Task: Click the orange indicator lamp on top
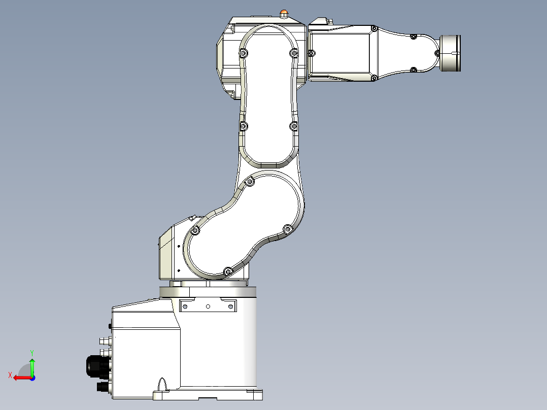click(284, 12)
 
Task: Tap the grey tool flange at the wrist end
click(451, 53)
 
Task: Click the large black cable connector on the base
click(95, 366)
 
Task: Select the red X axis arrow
click(20, 377)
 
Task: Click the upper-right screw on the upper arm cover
click(294, 53)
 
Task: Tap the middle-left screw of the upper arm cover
click(244, 125)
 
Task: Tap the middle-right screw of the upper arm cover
click(293, 125)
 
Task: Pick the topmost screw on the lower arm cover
click(250, 182)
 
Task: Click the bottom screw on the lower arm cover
click(227, 271)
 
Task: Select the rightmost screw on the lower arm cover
click(286, 229)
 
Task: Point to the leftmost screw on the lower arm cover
click(194, 231)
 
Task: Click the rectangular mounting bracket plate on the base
click(208, 306)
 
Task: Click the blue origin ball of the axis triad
click(32, 378)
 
